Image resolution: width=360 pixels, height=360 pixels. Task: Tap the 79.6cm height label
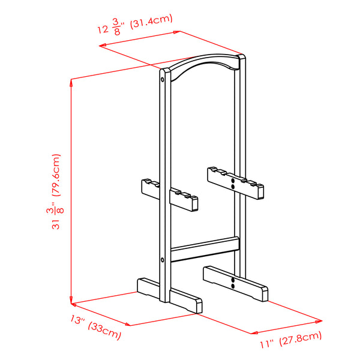[x=56, y=175]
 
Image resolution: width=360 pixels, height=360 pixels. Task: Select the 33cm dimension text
[x=104, y=331]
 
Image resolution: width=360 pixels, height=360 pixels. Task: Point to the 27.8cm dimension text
[x=301, y=338]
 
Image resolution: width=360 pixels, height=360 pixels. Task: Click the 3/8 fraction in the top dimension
[x=116, y=27]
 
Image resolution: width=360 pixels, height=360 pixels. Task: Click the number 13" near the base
[x=77, y=319]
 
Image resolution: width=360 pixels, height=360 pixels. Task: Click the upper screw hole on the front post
[x=163, y=80]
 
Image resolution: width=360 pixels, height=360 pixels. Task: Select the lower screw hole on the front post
[x=163, y=260]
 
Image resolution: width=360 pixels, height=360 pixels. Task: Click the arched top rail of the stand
[x=205, y=65]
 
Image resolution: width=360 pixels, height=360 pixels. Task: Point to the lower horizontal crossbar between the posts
[x=205, y=250]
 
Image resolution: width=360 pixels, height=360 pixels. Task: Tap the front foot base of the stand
[x=170, y=295]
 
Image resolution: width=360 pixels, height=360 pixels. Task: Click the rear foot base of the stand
[x=236, y=284]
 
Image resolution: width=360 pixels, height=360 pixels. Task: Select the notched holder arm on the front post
[x=170, y=195]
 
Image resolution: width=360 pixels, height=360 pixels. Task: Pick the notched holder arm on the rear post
[x=236, y=183]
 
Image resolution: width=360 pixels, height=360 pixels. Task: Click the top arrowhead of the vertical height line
[x=71, y=83]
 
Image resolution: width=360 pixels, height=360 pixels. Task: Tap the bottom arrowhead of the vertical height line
[x=71, y=300]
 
